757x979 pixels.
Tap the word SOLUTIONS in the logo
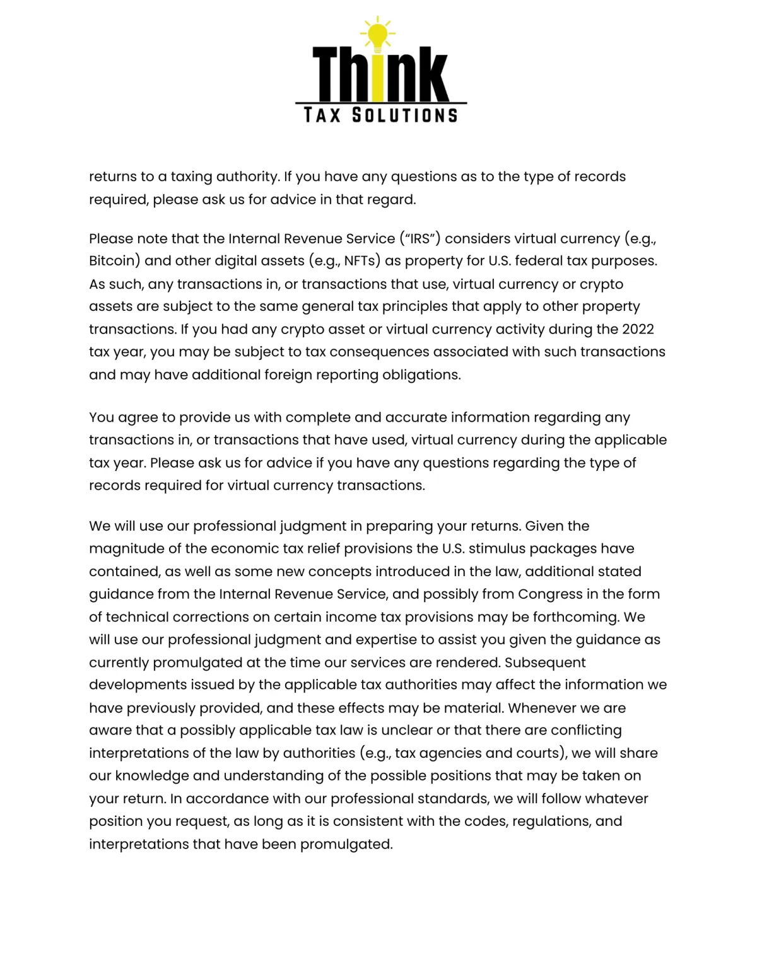[404, 115]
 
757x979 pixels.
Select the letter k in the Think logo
[430, 76]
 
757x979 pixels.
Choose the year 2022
[638, 329]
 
